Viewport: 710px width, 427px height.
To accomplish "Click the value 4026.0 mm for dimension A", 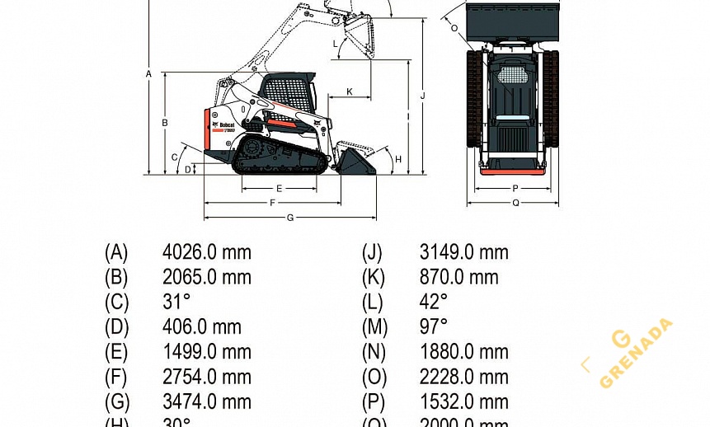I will click(x=206, y=252).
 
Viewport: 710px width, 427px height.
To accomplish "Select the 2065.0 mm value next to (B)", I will click(x=206, y=277).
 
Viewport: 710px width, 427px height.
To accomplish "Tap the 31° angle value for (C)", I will click(x=176, y=302).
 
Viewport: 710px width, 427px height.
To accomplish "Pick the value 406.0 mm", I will click(x=201, y=327).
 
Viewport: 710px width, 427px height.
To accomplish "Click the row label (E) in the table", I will click(x=116, y=352).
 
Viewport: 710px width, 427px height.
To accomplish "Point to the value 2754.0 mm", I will click(x=206, y=378).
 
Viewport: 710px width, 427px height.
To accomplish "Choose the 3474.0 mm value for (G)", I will click(x=206, y=402).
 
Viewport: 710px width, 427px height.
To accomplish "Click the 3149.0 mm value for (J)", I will click(x=463, y=252).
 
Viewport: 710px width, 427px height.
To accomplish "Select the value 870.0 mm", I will click(x=458, y=277).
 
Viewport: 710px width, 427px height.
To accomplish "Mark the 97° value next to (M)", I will click(x=434, y=327).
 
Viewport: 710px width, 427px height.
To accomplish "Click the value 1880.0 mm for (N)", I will click(x=463, y=352).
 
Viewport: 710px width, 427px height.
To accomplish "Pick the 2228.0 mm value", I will click(x=463, y=378).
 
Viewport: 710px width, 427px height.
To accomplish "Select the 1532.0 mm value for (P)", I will click(x=463, y=402).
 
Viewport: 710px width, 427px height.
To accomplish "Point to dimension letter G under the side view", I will click(x=289, y=218).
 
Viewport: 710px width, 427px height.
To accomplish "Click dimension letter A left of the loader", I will click(x=148, y=73).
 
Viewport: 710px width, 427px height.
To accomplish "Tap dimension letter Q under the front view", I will click(x=515, y=202).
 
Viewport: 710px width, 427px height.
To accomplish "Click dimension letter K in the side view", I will click(x=349, y=91).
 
